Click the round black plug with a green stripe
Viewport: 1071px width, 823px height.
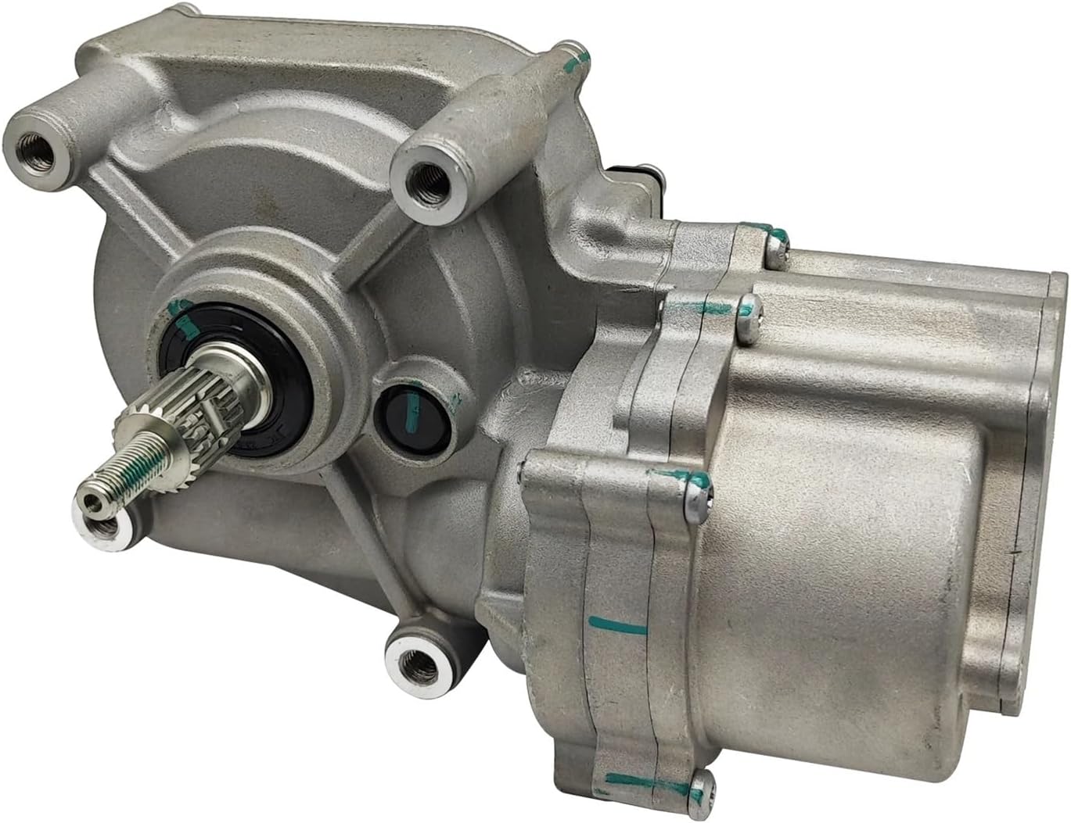tap(412, 419)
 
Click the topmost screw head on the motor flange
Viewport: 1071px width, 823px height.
tap(775, 249)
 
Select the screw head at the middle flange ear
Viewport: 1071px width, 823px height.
tap(695, 496)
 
